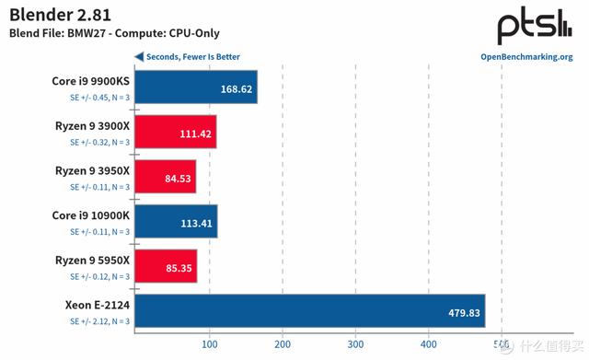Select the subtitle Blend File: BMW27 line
pos(117,34)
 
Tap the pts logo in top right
pos(534,27)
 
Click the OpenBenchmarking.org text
pos(526,57)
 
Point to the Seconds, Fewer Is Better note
pos(188,57)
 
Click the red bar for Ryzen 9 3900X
pos(175,134)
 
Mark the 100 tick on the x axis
pos(209,345)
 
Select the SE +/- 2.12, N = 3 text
pos(99,320)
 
